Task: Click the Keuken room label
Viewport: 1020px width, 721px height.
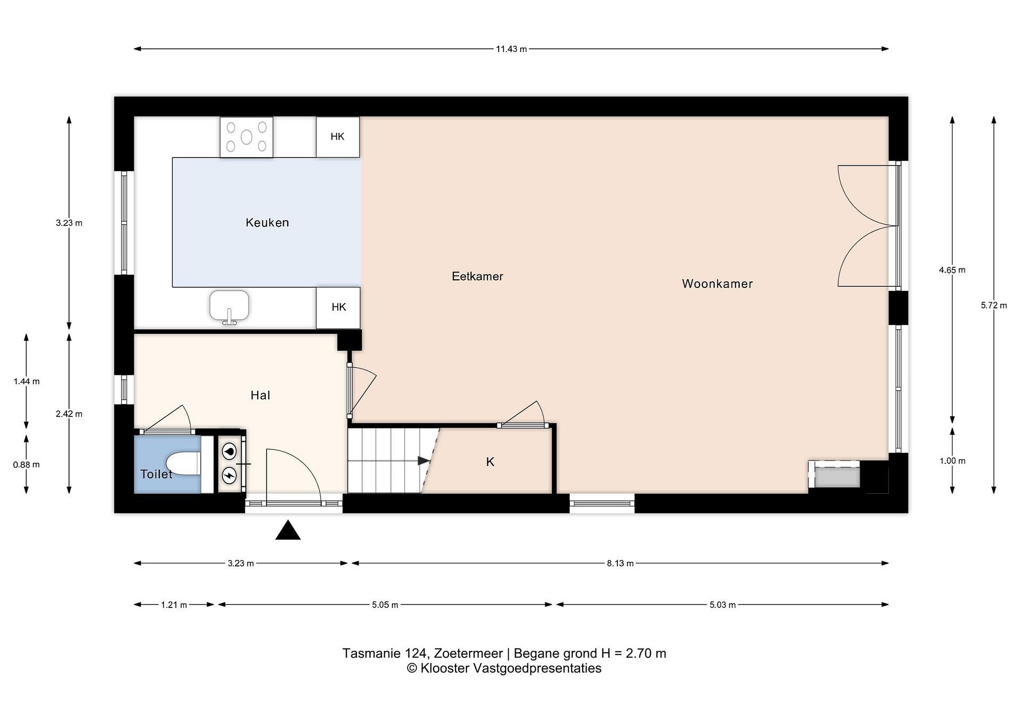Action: pyautogui.click(x=267, y=222)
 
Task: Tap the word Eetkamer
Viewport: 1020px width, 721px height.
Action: pyautogui.click(x=477, y=276)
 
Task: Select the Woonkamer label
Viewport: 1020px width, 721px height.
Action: pyautogui.click(x=717, y=284)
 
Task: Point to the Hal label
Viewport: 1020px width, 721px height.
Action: pyautogui.click(x=260, y=395)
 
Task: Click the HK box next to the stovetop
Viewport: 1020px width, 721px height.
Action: pyautogui.click(x=338, y=137)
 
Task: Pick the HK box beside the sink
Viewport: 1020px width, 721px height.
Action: pyautogui.click(x=338, y=307)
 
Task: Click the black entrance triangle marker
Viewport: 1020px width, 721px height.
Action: pyautogui.click(x=288, y=531)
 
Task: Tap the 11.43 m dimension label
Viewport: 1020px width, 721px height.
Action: pyautogui.click(x=511, y=49)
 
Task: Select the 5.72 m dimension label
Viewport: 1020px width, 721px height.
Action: pyautogui.click(x=994, y=305)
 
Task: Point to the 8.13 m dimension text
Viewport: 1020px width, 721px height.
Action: pyautogui.click(x=620, y=563)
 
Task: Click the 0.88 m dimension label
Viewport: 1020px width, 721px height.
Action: pyautogui.click(x=26, y=465)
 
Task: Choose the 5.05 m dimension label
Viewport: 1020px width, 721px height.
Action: pyautogui.click(x=385, y=605)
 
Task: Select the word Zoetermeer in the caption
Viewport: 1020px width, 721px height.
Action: pyautogui.click(x=468, y=653)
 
